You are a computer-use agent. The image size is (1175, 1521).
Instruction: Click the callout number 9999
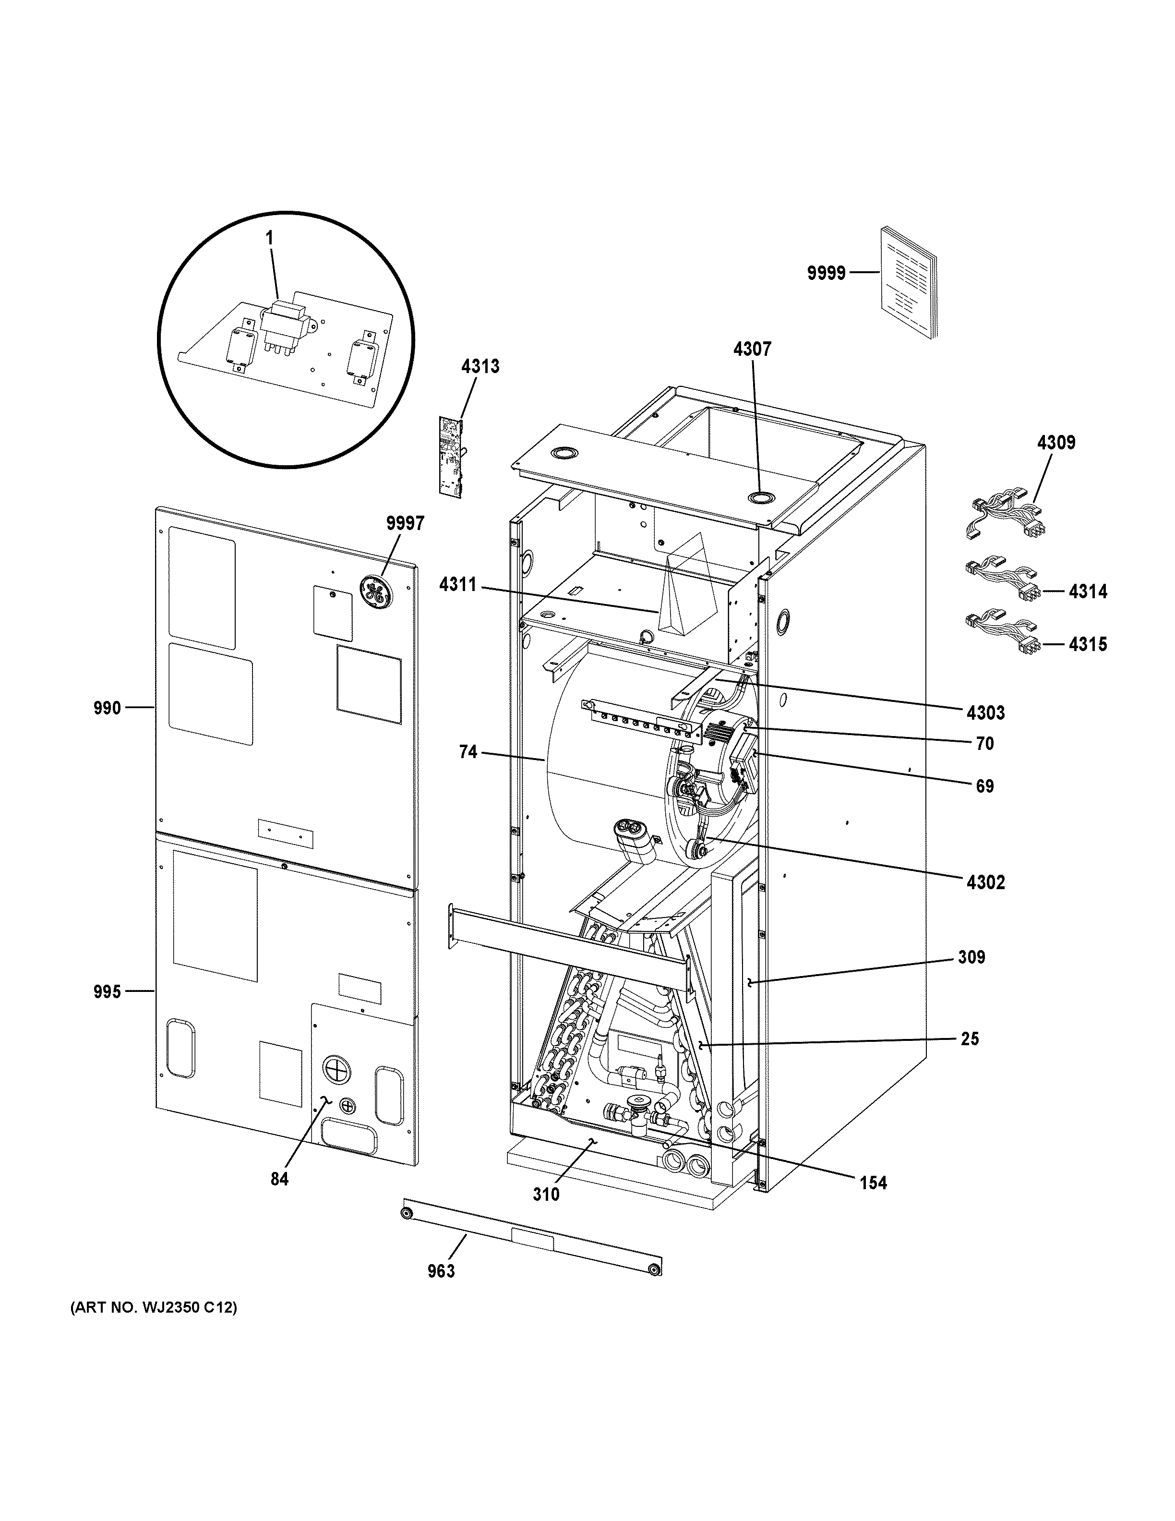point(826,274)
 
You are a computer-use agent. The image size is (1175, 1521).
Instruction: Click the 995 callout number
point(107,992)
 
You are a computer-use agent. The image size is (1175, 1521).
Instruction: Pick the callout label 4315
point(1088,644)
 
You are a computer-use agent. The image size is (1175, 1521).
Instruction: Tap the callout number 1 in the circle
point(269,238)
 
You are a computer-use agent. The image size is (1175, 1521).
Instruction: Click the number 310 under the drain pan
point(546,1195)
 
